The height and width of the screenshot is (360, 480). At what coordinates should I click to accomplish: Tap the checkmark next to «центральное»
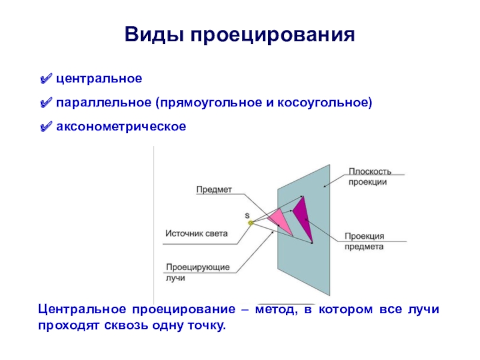point(45,79)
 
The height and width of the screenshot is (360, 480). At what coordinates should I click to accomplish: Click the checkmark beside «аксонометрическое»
point(45,127)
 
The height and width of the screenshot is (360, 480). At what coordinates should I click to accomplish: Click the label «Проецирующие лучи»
point(189,272)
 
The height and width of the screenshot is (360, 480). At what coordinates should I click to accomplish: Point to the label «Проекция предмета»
point(364,241)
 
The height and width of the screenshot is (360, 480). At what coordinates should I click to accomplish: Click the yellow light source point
point(251,223)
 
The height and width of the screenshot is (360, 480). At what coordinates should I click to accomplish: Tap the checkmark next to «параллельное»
point(45,103)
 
